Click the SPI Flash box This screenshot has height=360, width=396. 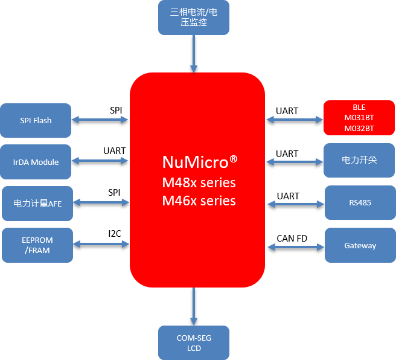[36, 121]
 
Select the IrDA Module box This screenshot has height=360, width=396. [36, 162]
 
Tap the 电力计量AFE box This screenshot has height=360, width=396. [37, 204]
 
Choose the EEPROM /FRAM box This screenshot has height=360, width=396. [37, 245]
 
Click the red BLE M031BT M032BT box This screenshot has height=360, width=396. [359, 118]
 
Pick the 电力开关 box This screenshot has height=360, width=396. [359, 160]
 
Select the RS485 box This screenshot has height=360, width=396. [360, 203]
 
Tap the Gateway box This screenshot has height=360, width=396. [360, 245]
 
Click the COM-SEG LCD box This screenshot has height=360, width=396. [194, 343]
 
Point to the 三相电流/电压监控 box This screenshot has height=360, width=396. [194, 18]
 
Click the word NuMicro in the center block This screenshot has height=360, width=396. [194, 162]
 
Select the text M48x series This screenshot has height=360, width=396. [199, 182]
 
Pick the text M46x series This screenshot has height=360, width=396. [199, 201]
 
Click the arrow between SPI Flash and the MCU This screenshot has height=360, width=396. [100, 120]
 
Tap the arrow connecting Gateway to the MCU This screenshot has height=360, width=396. [296, 246]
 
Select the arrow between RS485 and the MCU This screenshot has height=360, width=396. [296, 204]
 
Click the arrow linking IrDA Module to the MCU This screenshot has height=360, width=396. [100, 161]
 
